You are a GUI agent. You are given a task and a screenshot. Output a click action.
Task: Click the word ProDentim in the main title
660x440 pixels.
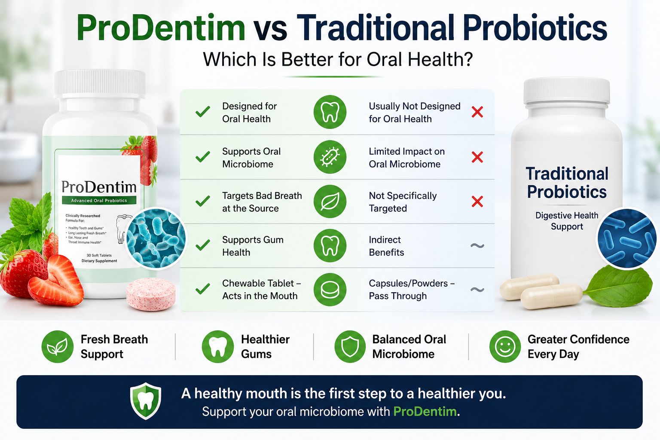pyautogui.click(x=161, y=28)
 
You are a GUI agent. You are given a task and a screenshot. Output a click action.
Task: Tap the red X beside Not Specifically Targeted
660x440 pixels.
pyautogui.click(x=477, y=202)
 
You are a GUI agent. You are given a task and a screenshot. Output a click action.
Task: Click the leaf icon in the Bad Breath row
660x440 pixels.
pyautogui.click(x=330, y=201)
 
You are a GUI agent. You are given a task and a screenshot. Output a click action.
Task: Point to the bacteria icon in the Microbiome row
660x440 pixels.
pyautogui.click(x=330, y=157)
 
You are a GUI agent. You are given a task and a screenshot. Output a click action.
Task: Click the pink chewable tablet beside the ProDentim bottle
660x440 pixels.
pyautogui.click(x=151, y=294)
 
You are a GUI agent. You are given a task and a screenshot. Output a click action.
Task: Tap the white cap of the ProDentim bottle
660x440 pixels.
pyautogui.click(x=100, y=84)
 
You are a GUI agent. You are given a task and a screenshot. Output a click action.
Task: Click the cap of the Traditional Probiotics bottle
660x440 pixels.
pyautogui.click(x=566, y=91)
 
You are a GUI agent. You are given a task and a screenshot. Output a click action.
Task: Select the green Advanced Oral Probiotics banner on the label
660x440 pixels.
pyautogui.click(x=99, y=200)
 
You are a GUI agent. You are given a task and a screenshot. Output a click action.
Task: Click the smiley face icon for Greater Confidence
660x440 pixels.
pyautogui.click(x=505, y=346)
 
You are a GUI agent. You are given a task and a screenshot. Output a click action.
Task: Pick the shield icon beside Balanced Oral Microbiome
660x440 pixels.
pyautogui.click(x=350, y=346)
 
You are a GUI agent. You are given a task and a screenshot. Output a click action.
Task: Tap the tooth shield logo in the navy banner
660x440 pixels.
pyautogui.click(x=146, y=401)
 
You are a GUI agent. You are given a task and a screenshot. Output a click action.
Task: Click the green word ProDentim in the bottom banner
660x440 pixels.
pyautogui.click(x=425, y=411)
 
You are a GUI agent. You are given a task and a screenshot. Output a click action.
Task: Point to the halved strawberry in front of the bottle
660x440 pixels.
pyautogui.click(x=56, y=281)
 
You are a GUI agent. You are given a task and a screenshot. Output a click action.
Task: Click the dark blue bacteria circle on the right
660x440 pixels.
pyautogui.click(x=626, y=238)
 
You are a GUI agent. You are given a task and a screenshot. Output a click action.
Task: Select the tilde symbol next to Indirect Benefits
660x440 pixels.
pyautogui.click(x=477, y=245)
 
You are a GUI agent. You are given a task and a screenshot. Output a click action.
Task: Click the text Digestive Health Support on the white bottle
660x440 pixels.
pyautogui.click(x=567, y=221)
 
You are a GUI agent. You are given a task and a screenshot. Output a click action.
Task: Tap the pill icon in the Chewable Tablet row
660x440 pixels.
pyautogui.click(x=330, y=290)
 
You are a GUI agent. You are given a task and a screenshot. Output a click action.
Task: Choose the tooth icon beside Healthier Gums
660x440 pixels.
pyautogui.click(x=218, y=346)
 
